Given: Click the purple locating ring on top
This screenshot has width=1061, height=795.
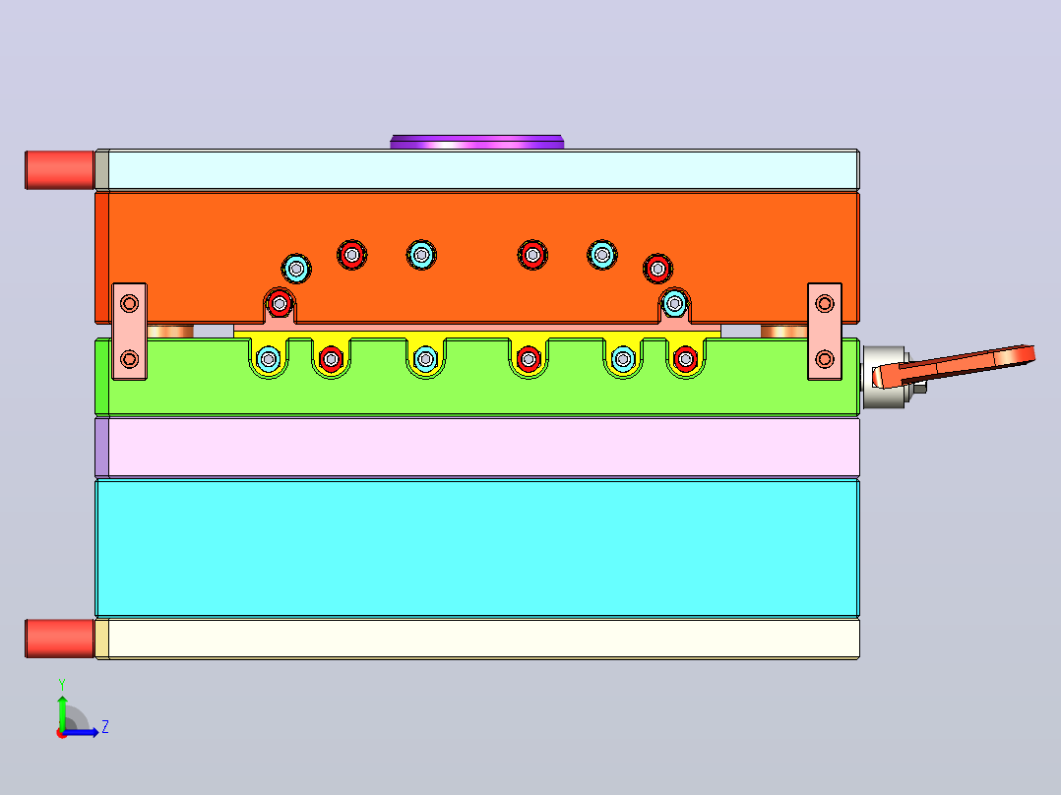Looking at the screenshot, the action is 477,142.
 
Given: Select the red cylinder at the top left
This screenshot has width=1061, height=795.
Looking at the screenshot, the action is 59,170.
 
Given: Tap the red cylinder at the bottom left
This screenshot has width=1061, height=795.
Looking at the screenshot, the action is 59,638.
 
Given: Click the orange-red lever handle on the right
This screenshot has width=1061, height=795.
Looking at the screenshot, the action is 954,365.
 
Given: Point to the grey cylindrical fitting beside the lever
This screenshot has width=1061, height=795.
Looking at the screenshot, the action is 885,377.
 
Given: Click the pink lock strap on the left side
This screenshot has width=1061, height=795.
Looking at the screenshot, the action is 129,332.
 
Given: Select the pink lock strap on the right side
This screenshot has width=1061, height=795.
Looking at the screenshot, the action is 825,332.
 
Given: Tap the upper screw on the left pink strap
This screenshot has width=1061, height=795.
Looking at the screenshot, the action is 129,303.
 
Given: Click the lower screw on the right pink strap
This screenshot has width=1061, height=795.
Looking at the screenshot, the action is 825,358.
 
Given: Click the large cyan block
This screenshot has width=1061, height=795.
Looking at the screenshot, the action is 477,547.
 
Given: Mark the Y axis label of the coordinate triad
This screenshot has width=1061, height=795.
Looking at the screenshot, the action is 62,684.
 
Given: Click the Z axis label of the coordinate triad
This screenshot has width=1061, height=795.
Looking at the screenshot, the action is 105,727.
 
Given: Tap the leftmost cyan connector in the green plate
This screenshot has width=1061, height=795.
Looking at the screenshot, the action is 269,358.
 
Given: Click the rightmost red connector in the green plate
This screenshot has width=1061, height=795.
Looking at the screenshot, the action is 685,358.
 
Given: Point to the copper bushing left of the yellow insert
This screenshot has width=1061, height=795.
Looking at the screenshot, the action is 170,331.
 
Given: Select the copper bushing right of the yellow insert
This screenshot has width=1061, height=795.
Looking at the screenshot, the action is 783,331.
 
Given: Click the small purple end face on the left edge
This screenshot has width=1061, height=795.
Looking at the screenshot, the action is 101,448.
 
